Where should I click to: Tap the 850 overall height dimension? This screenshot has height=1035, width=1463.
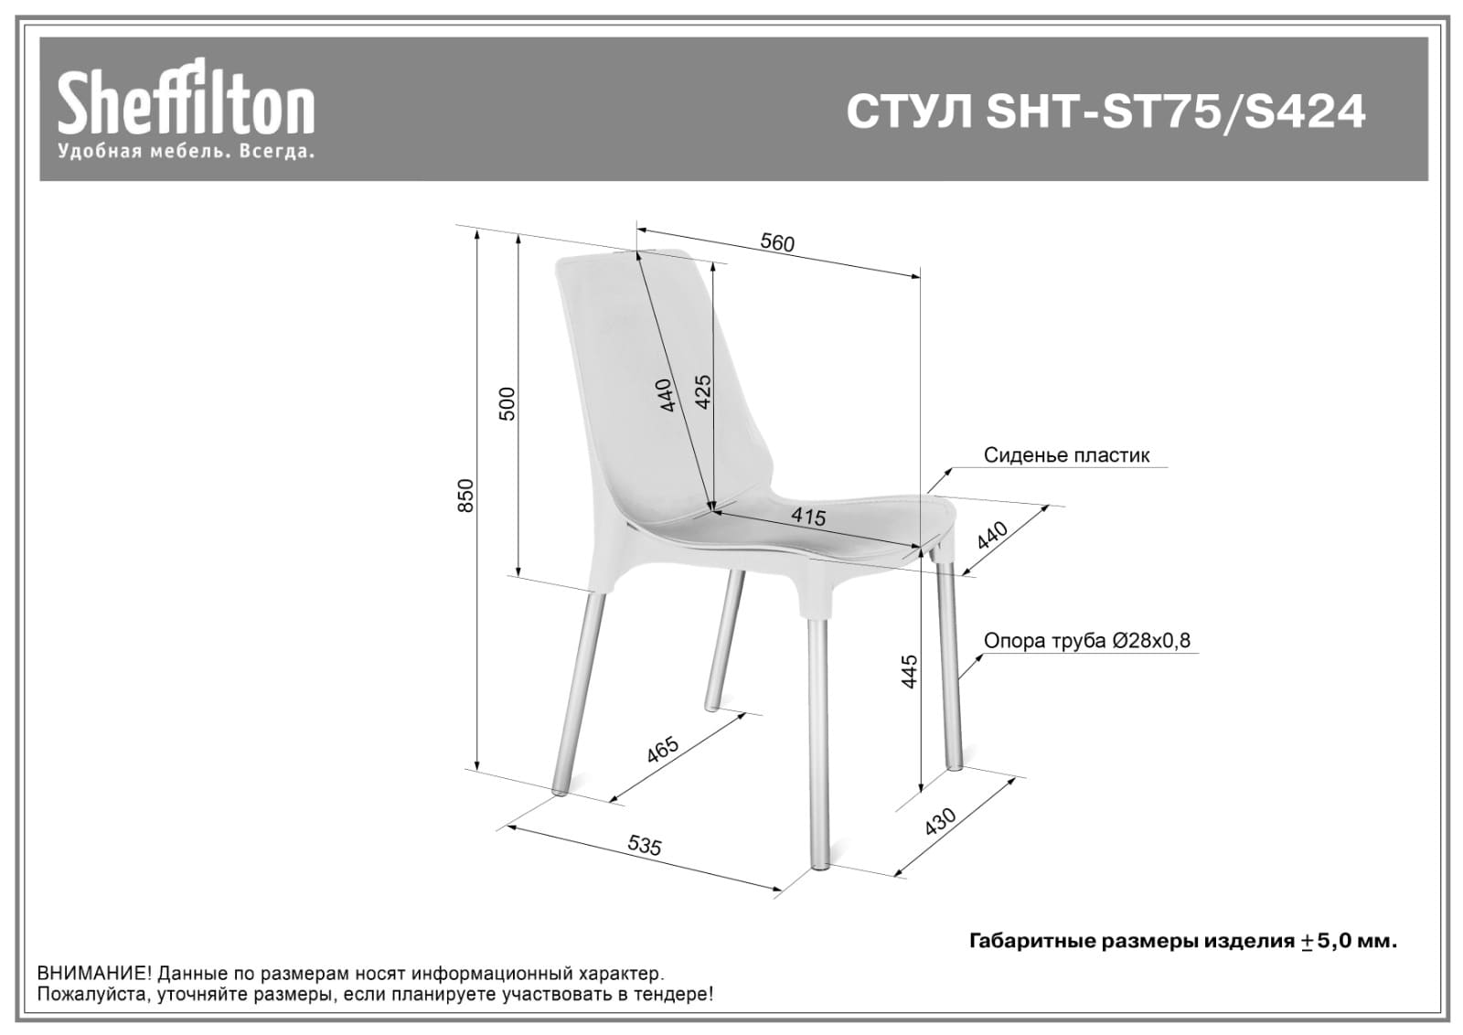coord(466,495)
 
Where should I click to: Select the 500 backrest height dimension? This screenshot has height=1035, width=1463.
coord(507,403)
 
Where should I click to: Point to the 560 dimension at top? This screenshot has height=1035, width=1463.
coord(777,243)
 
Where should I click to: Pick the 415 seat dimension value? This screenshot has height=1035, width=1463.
coord(808,517)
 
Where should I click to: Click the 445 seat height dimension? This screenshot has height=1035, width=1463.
coord(908,672)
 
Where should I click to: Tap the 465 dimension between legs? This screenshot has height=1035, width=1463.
coord(662,749)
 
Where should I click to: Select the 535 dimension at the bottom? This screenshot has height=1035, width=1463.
coord(645,846)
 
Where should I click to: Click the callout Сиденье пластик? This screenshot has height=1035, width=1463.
coord(1066,455)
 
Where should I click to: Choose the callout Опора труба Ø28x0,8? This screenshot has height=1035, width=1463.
coord(1087,641)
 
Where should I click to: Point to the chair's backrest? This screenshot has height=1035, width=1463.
coord(640,366)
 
